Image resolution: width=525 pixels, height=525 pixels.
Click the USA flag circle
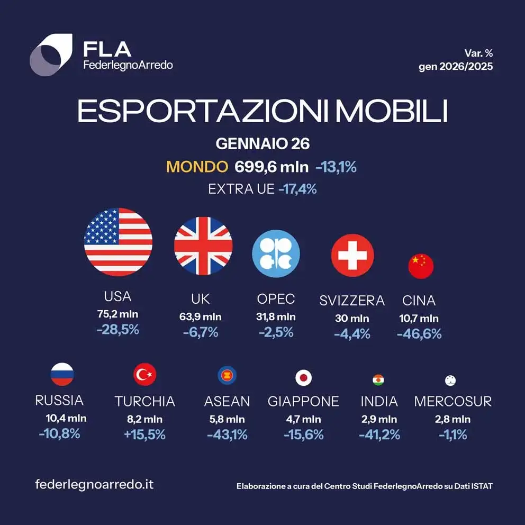click(x=118, y=242)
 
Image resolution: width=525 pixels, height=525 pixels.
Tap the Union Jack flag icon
click(x=203, y=246)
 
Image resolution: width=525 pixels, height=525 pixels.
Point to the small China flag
click(x=421, y=266)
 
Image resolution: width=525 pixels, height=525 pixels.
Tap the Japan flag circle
click(x=303, y=378)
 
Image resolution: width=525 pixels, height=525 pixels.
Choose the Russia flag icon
click(x=62, y=375)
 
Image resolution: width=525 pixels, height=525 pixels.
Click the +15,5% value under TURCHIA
click(x=144, y=435)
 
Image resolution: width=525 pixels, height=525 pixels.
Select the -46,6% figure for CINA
click(x=419, y=334)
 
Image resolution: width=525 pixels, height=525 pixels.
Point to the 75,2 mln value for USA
click(x=117, y=314)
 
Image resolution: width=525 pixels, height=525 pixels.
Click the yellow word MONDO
click(x=197, y=167)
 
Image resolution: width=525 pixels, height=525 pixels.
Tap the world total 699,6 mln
click(x=271, y=167)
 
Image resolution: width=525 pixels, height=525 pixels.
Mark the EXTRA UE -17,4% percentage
click(x=297, y=188)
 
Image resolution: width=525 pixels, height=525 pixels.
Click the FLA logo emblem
click(x=51, y=55)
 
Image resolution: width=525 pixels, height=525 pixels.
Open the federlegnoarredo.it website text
click(x=94, y=484)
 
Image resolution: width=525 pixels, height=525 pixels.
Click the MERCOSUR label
click(x=452, y=401)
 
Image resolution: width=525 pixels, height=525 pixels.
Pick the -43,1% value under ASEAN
click(x=227, y=435)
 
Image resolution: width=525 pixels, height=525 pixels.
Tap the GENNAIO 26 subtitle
click(x=262, y=143)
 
